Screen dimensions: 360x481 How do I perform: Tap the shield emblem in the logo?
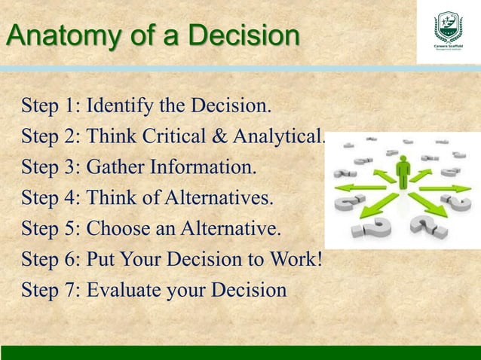pos(449,27)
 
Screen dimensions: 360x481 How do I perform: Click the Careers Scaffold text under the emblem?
pos(449,49)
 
